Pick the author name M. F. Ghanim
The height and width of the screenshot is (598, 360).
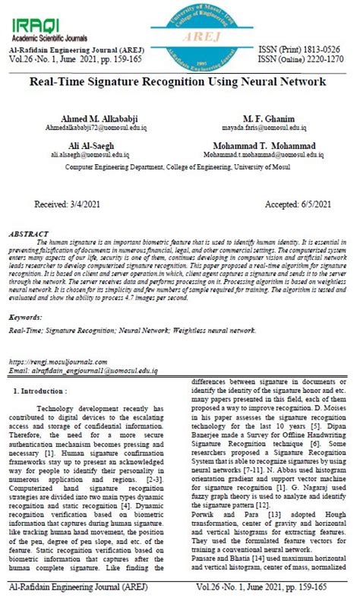pyautogui.click(x=264, y=119)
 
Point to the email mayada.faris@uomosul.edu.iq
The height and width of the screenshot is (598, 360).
pyautogui.click(x=264, y=129)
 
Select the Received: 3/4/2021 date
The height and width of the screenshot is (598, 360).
pyautogui.click(x=68, y=204)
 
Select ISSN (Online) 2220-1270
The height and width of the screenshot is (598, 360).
pyautogui.click(x=302, y=59)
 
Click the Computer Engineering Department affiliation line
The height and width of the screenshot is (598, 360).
pyautogui.click(x=179, y=164)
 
